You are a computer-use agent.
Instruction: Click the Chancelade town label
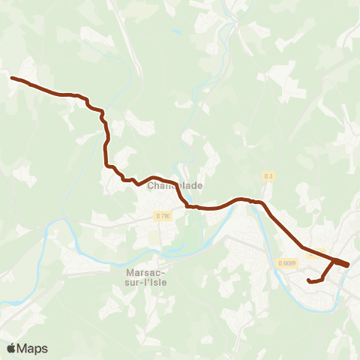[175, 185]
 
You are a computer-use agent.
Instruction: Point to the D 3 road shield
[268, 176]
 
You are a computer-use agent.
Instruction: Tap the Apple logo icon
[11, 348]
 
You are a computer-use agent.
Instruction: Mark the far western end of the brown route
[11, 77]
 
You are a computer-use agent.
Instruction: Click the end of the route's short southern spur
[309, 280]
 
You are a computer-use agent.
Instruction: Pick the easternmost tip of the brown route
[349, 264]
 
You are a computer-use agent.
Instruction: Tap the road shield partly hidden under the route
[316, 253]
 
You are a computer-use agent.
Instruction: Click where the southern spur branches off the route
[333, 261]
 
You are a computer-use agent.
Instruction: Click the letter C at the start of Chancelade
[151, 185]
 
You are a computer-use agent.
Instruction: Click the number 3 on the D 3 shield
[271, 176]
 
